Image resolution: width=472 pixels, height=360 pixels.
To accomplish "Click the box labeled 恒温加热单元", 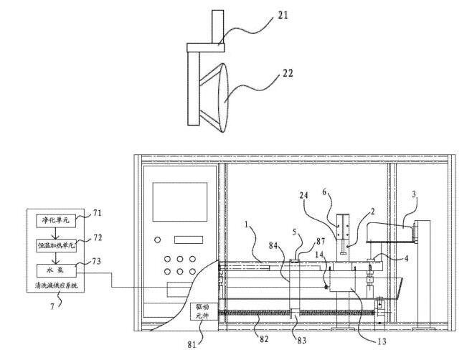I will coord(57,245).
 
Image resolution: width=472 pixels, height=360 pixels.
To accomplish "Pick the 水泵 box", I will coord(57,270).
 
